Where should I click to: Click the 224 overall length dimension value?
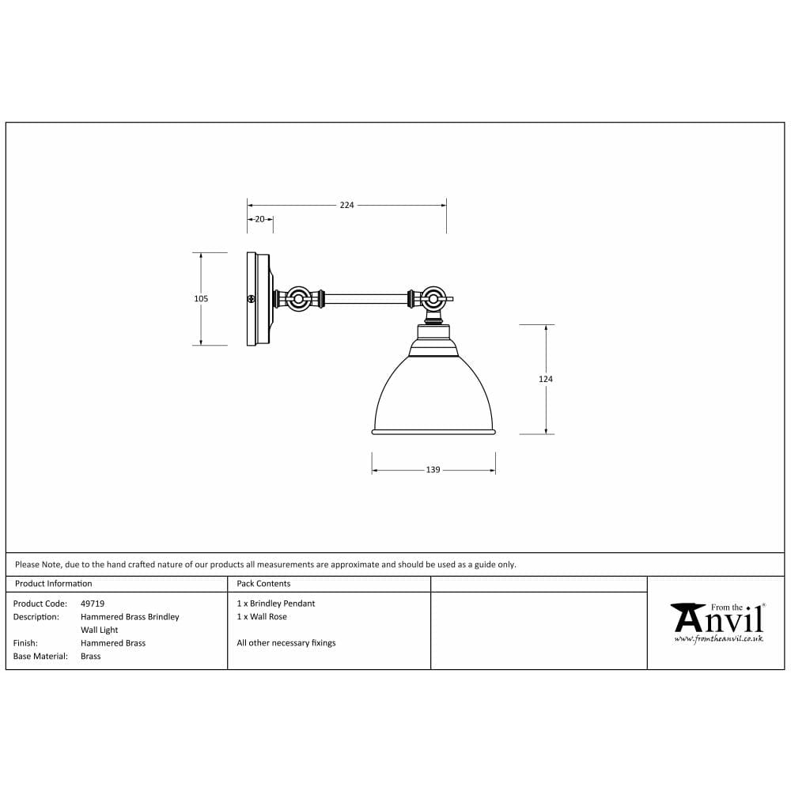tap(346, 205)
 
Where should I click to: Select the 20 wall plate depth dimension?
tap(259, 219)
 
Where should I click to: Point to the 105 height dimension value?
tap(201, 299)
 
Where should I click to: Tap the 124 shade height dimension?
tap(546, 379)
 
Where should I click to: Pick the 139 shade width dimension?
tap(433, 470)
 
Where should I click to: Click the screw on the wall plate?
tap(252, 299)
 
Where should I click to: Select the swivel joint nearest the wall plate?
tap(299, 300)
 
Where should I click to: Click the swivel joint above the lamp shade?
tap(432, 299)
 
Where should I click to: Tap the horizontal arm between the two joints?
tap(365, 299)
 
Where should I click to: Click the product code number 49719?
tap(93, 604)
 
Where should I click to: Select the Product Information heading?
tap(54, 584)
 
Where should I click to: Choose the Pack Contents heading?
tap(263, 584)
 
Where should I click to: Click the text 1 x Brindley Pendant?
tap(275, 604)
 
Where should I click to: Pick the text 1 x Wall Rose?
tap(262, 617)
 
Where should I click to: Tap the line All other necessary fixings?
tap(286, 643)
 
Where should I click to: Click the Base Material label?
tap(40, 657)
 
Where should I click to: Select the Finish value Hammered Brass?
tap(113, 643)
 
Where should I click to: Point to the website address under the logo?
tap(718, 638)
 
